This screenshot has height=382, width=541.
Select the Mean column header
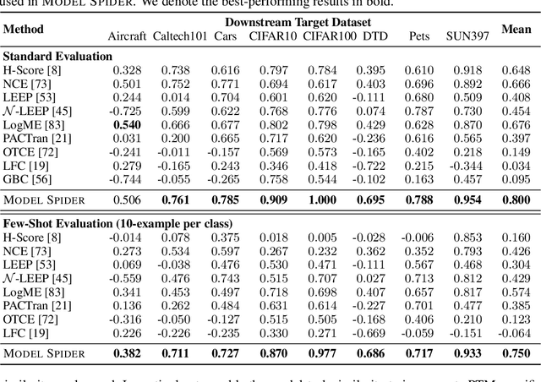pos(516,30)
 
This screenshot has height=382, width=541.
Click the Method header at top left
pos(24,30)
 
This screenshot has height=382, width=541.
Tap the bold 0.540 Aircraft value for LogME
pos(128,124)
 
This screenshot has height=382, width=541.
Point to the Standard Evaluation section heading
pos(57,56)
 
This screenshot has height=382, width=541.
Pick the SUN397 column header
pos(465,37)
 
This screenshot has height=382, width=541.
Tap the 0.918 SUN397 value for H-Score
pos(467,70)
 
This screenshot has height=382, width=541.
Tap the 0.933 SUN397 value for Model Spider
pos(466,352)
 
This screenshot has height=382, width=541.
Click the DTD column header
pos(372,37)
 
